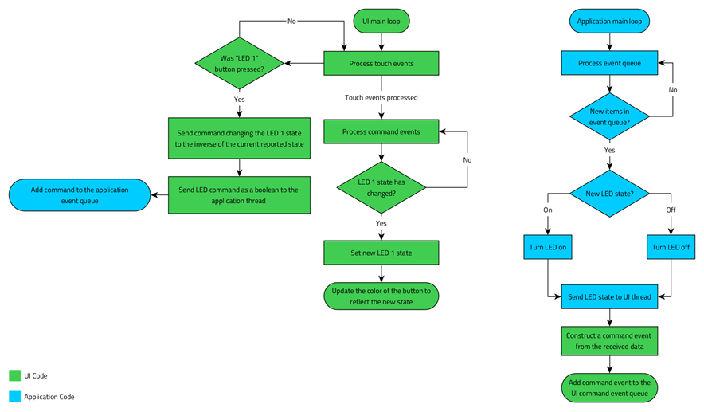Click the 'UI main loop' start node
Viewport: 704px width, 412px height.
(x=381, y=21)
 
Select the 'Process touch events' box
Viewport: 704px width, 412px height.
(x=381, y=63)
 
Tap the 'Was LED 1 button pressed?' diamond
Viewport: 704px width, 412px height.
(x=239, y=64)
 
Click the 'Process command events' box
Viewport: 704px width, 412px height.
(x=381, y=131)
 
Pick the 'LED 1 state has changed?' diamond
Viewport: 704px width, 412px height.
(x=381, y=187)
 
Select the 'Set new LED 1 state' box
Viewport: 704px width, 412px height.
(x=381, y=253)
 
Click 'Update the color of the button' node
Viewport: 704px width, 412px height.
(x=381, y=296)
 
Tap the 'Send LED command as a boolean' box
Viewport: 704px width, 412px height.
(x=239, y=195)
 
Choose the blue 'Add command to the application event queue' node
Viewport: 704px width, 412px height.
(x=80, y=195)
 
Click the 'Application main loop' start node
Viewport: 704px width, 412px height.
(x=610, y=21)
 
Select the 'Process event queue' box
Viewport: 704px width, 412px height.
(x=610, y=63)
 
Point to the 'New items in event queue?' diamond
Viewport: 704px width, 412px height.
(x=610, y=116)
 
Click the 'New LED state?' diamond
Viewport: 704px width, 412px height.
(x=610, y=194)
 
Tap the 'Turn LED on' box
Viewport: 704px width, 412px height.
(x=549, y=247)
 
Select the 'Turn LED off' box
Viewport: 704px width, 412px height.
(x=671, y=247)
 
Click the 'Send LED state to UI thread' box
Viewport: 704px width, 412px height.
(x=610, y=296)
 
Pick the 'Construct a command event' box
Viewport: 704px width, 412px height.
(x=610, y=340)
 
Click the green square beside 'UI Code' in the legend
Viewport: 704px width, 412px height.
(x=14, y=375)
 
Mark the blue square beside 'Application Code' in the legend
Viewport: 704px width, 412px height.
(x=14, y=396)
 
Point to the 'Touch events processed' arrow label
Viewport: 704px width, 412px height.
(x=381, y=98)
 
